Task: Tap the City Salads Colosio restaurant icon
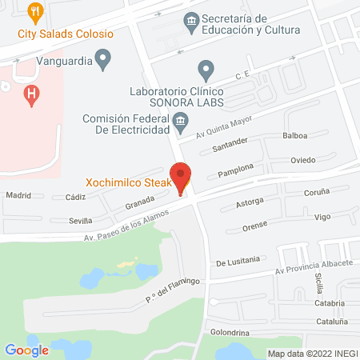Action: [x=34, y=12]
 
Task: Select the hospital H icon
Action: [x=31, y=94]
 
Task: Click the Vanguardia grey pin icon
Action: [x=102, y=58]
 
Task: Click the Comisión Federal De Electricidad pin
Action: [x=181, y=124]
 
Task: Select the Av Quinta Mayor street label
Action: [x=225, y=124]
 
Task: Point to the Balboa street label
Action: [x=294, y=136]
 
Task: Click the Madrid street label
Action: [x=18, y=194]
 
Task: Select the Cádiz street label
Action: [x=76, y=196]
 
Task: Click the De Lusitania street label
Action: [x=238, y=260]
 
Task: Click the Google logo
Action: [x=26, y=350]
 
